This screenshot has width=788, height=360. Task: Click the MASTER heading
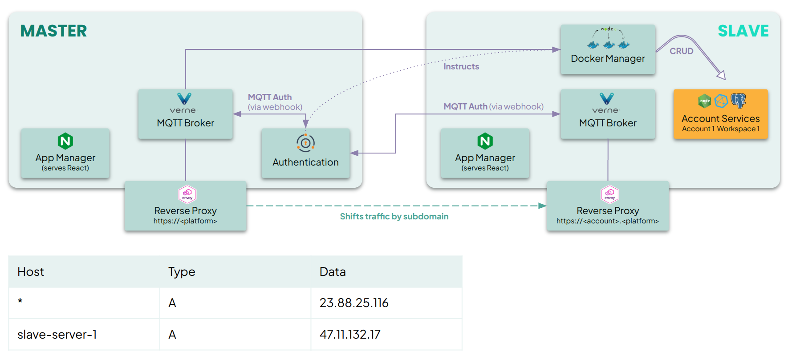tap(53, 31)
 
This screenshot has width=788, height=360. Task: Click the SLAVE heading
tap(743, 31)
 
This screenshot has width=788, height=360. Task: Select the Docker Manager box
tap(608, 49)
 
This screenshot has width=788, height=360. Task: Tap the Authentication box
tap(305, 153)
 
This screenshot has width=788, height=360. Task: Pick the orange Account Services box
tap(720, 114)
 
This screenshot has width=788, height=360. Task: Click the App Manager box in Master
tap(65, 153)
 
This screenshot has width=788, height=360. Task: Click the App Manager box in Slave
tap(485, 153)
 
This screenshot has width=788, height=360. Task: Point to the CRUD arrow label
tap(681, 51)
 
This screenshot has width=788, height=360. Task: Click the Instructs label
tap(461, 66)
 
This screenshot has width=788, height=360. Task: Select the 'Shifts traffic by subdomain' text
tap(394, 216)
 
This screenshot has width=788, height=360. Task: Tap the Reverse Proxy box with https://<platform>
tap(185, 206)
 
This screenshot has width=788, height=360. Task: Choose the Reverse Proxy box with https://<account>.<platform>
tap(608, 206)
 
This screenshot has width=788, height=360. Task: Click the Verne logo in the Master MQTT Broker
tap(184, 98)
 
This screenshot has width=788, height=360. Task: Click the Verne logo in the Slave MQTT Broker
tap(606, 98)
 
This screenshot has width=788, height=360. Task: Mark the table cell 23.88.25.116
tap(354, 303)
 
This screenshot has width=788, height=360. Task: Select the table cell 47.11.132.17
tap(350, 334)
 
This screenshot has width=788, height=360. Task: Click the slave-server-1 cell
tap(57, 334)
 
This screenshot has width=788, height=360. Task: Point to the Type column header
tap(182, 271)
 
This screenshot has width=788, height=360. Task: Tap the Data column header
tap(333, 271)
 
